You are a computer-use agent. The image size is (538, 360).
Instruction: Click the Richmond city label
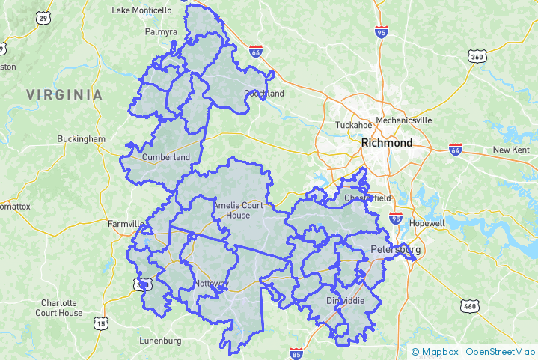click(x=386, y=142)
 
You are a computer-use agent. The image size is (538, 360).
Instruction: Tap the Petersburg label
click(x=395, y=249)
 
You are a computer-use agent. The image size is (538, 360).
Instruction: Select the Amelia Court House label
click(x=237, y=210)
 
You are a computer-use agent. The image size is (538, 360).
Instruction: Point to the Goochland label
click(x=264, y=94)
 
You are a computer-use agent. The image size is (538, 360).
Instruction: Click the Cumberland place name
click(x=165, y=157)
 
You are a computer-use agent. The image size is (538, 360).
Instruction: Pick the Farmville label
click(x=126, y=224)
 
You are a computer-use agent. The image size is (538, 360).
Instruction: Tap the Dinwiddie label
click(x=346, y=301)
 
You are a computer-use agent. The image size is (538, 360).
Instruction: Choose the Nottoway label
click(x=211, y=284)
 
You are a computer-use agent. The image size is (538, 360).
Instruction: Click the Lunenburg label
click(x=160, y=341)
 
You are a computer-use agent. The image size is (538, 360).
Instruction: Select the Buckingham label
click(x=82, y=139)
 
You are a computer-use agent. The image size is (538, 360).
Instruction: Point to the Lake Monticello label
click(x=141, y=10)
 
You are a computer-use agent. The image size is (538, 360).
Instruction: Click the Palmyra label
click(x=162, y=32)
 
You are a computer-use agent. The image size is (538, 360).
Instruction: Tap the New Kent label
click(x=511, y=150)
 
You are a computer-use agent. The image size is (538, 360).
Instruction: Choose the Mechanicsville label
click(x=404, y=120)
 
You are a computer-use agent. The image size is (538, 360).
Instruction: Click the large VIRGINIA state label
click(x=64, y=95)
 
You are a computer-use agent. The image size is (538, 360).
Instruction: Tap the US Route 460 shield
click(x=470, y=305)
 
